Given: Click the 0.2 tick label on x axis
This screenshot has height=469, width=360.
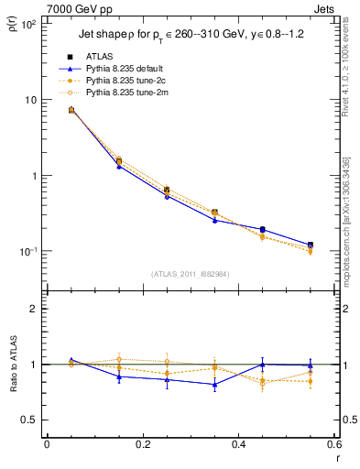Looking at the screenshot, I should (142, 446).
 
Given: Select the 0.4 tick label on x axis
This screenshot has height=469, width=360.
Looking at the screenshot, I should (238, 446).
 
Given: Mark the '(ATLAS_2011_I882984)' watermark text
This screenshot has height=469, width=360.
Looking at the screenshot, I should (190, 274).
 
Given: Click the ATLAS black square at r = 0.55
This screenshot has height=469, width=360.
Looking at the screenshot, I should (311, 245).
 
